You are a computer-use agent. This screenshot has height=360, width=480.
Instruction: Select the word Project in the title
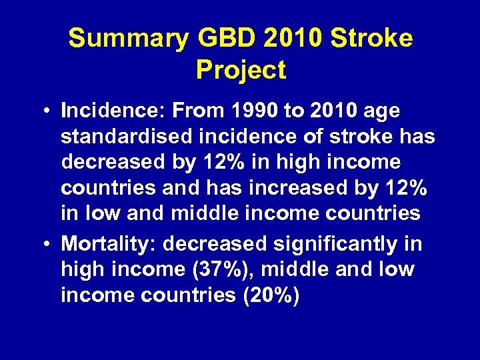(x=241, y=69)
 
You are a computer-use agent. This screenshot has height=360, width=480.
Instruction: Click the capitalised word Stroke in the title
(x=377, y=39)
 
